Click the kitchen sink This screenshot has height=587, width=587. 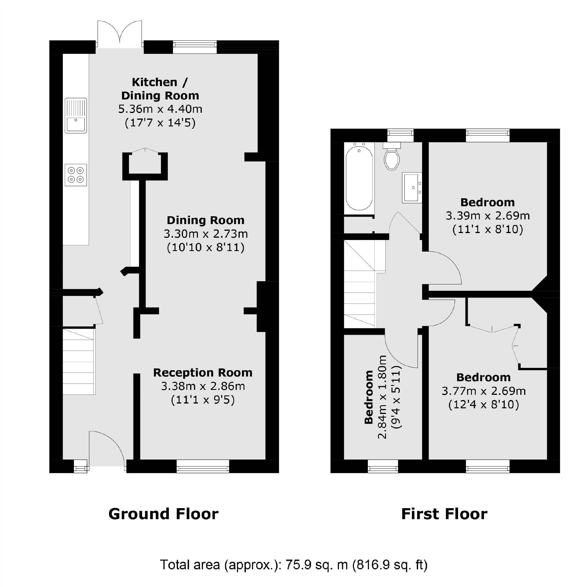[76, 115]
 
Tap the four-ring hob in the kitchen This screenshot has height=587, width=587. [76, 175]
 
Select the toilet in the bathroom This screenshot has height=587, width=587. [392, 158]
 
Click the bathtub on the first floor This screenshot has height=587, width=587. [359, 177]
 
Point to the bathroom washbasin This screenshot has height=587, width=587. [412, 188]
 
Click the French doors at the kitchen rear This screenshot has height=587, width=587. [120, 34]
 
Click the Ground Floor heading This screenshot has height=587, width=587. [163, 514]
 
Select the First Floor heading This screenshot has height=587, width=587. [444, 514]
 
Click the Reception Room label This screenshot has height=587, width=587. [203, 373]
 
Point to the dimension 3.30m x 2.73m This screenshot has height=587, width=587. [206, 234]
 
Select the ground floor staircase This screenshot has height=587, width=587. [79, 361]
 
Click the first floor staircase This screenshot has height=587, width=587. [359, 284]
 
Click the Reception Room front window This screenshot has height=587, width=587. [203, 466]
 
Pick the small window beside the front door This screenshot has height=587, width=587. [81, 466]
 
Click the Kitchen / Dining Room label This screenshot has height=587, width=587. [160, 89]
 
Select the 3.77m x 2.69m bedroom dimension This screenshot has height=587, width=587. [484, 391]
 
